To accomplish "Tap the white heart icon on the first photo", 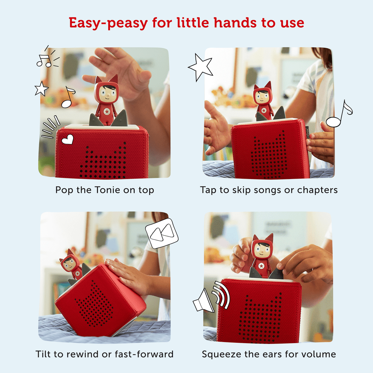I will pyautogui.click(x=67, y=140).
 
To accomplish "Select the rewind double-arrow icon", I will pyautogui.click(x=162, y=233).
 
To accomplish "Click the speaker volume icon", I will pyautogui.click(x=204, y=301).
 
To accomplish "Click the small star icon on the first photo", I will pyautogui.click(x=41, y=89).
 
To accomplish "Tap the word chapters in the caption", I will pyautogui.click(x=317, y=190).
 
